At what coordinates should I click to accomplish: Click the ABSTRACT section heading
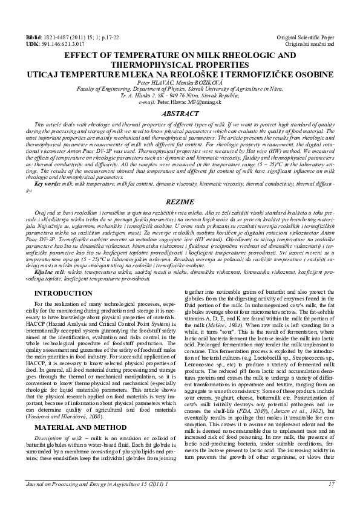tap(180, 114)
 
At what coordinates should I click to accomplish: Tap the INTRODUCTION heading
tap(64, 293)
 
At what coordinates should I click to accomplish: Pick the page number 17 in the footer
tap(332, 499)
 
